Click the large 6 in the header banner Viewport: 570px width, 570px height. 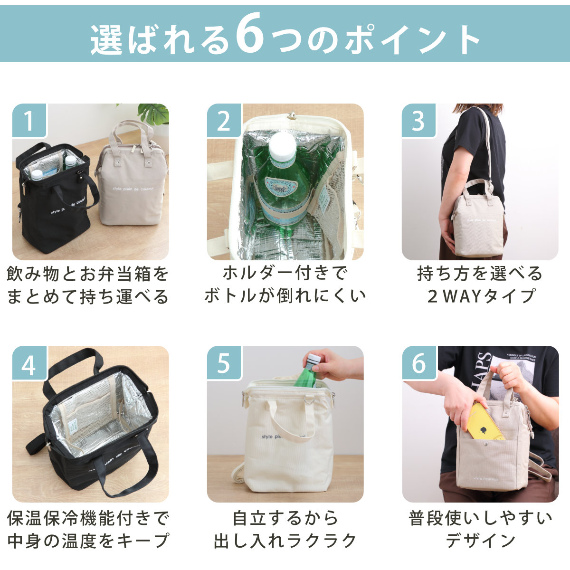click(250, 33)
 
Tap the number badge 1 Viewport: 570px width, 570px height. click(29, 120)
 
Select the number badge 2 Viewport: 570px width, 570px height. click(224, 120)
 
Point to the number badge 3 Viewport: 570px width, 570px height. click(418, 120)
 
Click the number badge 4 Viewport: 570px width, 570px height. click(29, 362)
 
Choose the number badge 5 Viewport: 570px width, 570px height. click(224, 362)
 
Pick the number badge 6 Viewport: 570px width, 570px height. click(418, 362)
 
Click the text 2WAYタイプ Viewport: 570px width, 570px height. click(481, 296)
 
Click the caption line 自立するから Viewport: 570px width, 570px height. click(285, 518)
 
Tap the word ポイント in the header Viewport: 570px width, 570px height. click(412, 40)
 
